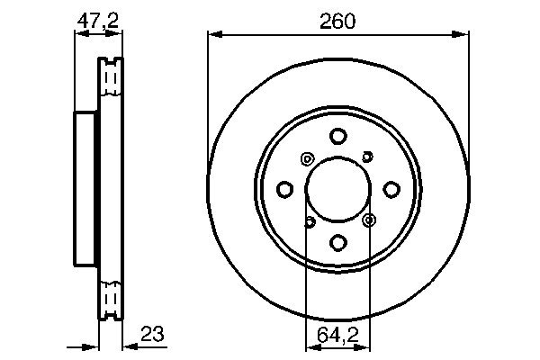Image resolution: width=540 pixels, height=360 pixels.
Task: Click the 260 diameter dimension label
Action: (337, 21)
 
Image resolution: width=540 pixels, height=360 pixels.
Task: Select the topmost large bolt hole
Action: (338, 137)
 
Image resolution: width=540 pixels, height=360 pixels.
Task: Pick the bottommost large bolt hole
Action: (338, 242)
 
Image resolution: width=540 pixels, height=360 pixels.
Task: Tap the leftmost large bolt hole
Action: (285, 190)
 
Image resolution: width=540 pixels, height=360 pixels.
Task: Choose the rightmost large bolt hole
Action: (391, 190)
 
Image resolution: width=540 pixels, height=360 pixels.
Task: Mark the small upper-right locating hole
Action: (367, 157)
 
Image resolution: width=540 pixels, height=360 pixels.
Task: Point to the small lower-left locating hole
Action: (309, 220)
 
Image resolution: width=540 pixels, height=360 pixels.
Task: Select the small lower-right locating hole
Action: (369, 220)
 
